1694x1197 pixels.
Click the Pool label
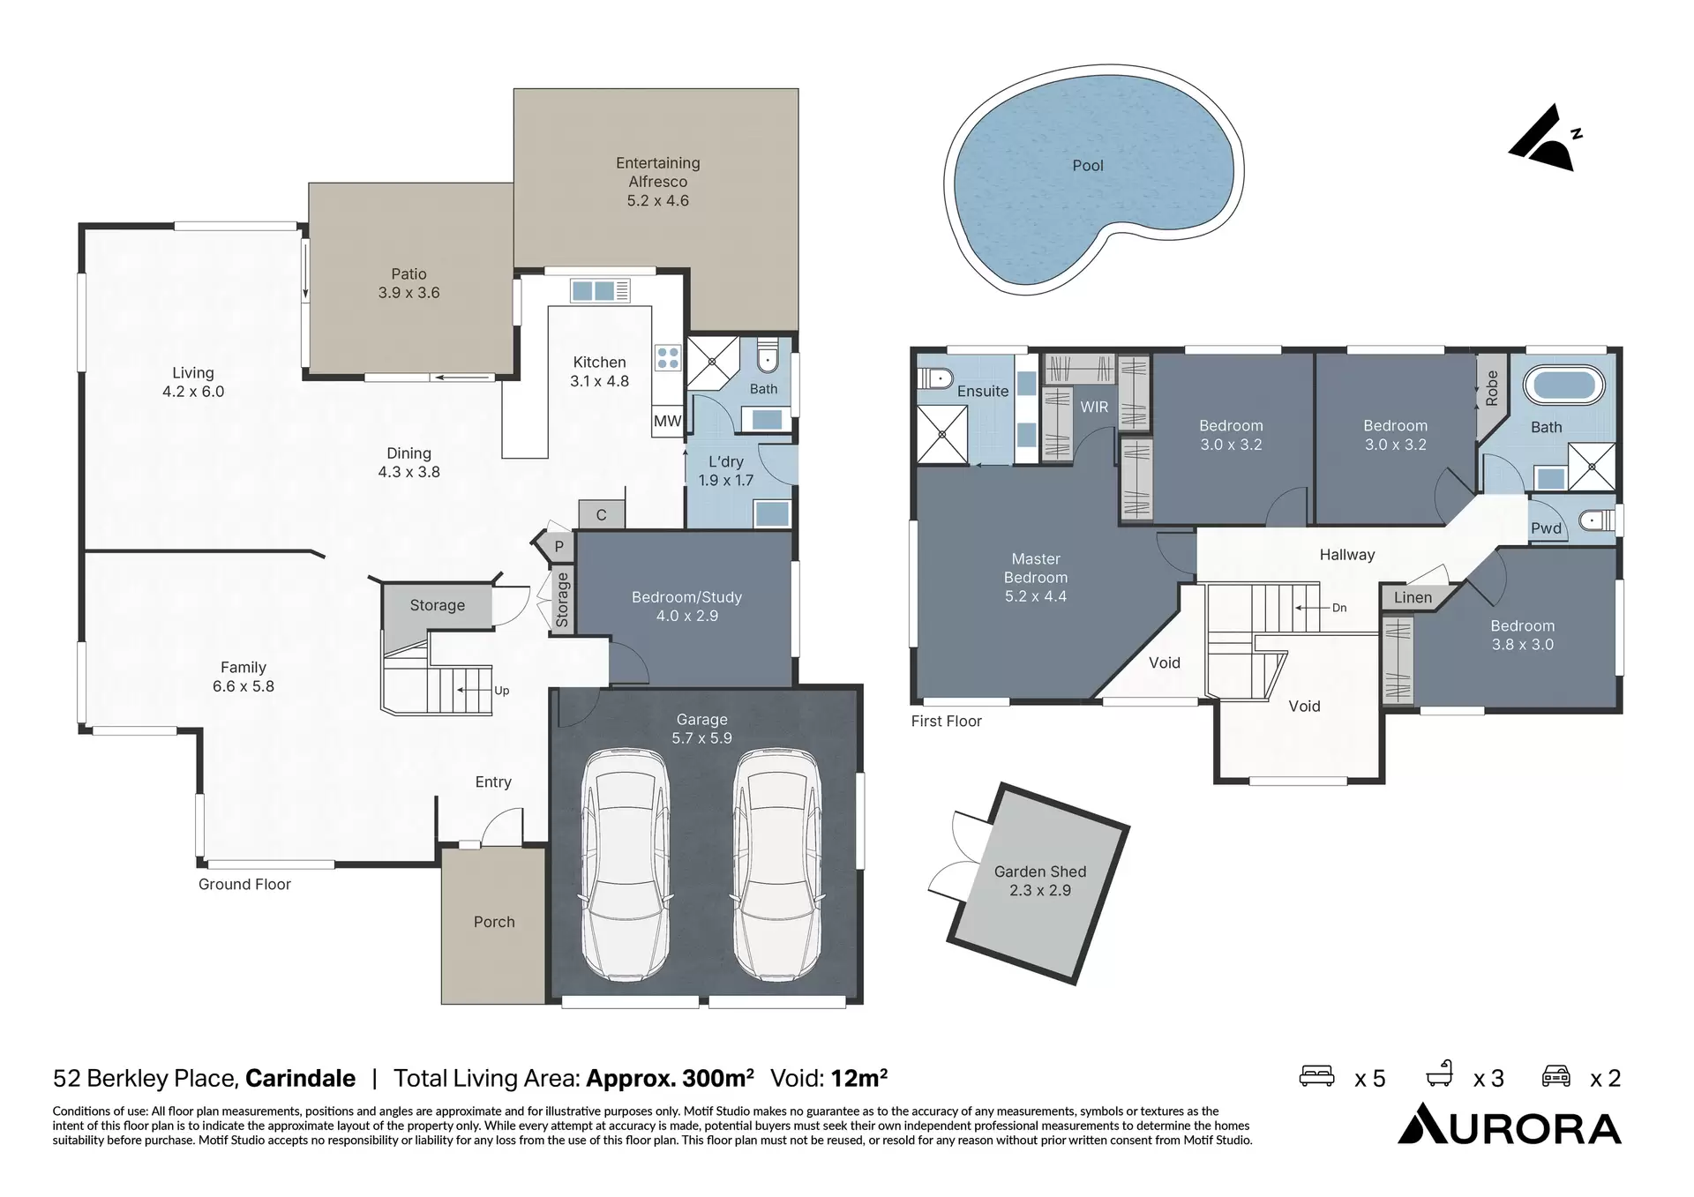[1087, 166]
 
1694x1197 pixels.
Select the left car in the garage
[625, 864]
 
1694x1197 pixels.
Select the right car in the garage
[778, 864]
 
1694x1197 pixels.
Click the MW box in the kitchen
[667, 422]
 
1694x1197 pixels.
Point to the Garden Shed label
[1039, 880]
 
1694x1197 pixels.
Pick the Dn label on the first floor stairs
[1338, 608]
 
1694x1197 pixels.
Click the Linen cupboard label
[1412, 598]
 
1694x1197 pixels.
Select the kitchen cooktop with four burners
[668, 357]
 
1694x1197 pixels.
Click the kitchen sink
[593, 290]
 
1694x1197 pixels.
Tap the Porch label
[493, 922]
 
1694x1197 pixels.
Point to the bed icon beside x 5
[1316, 1076]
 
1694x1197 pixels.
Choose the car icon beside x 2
[1555, 1076]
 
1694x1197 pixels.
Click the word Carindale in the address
[300, 1078]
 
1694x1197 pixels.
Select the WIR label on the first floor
[1094, 407]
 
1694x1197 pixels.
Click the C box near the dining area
[601, 515]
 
